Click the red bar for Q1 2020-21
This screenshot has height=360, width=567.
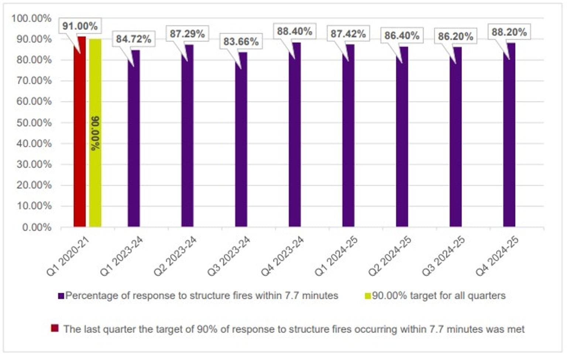point(79,133)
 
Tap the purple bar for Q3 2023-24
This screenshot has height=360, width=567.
point(241,140)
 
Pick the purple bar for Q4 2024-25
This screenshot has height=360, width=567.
point(509,136)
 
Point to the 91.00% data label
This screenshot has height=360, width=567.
point(80,26)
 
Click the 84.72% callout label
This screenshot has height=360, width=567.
point(134,39)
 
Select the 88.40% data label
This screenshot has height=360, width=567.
point(295,31)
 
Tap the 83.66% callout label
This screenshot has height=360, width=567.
point(241,41)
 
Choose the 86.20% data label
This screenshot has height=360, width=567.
point(456,37)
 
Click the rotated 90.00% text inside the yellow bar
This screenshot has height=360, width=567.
point(95,134)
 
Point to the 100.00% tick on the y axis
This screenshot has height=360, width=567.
point(31,18)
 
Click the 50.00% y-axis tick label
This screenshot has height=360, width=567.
point(34,122)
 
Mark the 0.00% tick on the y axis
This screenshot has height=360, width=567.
point(37,227)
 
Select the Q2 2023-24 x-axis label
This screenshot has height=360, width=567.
point(175,256)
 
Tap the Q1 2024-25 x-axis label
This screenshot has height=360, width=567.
point(336,256)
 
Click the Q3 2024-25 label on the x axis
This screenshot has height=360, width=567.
point(443,256)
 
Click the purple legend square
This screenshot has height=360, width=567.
point(61,296)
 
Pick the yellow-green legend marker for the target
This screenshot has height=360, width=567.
point(368,296)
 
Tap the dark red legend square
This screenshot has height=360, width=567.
point(55,328)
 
